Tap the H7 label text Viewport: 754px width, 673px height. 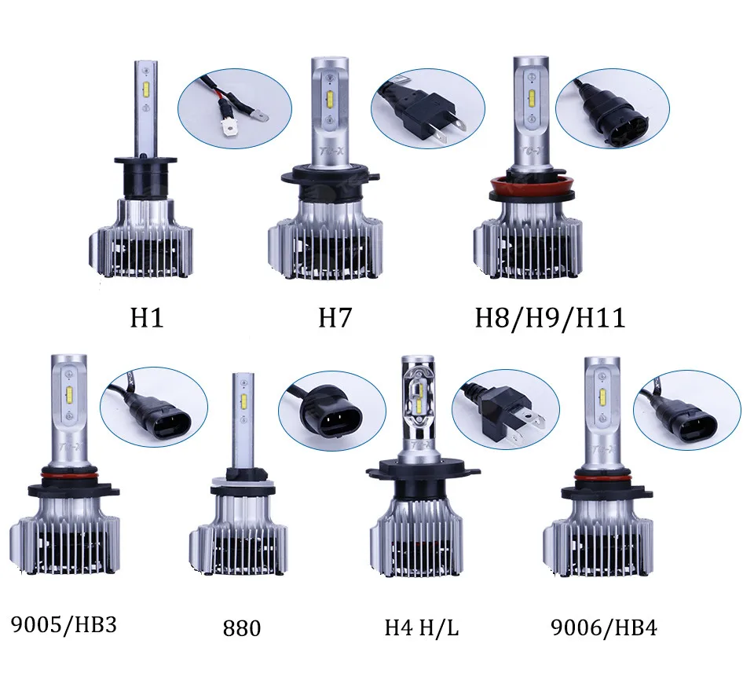point(335,318)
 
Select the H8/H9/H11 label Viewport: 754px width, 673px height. point(551,319)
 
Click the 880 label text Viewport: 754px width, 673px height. point(242,628)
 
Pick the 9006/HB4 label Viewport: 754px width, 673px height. point(604,627)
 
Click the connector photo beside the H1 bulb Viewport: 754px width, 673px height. point(235,109)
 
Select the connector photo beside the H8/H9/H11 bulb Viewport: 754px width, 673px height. point(612,109)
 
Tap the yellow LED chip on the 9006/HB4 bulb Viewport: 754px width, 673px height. point(603,395)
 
